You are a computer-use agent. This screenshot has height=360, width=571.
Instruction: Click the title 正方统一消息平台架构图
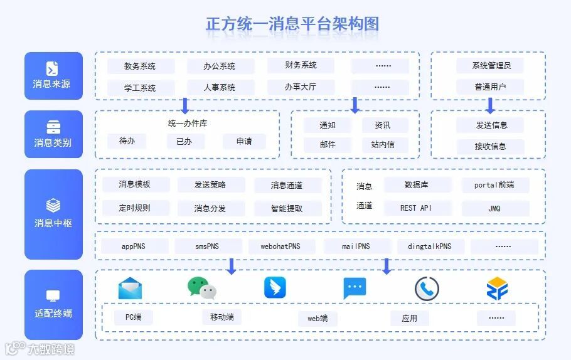pos(292,24)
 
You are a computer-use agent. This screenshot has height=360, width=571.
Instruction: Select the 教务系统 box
pos(140,66)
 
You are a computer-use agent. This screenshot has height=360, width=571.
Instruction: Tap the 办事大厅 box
pos(301,87)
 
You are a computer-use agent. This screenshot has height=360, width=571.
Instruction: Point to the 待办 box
pos(127,141)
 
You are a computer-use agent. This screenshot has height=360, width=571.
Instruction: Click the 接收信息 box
pos(490,146)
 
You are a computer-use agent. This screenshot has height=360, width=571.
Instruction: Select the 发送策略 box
pos(210,184)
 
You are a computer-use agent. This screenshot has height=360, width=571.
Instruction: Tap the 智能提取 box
pos(287,208)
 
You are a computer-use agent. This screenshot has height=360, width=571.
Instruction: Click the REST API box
pos(416,208)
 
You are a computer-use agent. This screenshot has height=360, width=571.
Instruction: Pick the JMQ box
pos(494,208)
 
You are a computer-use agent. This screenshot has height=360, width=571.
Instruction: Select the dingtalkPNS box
pos(429,246)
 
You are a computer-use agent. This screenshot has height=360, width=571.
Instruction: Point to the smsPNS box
pos(208,246)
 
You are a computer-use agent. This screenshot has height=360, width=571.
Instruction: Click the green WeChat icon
pos(202,288)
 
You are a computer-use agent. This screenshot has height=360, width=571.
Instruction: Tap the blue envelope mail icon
pos(130,288)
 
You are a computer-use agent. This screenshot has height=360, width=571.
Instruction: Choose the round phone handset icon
pos(427,289)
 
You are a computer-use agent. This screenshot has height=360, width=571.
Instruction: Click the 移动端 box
pos(221,317)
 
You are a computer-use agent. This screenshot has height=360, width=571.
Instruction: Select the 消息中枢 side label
pos(53,214)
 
